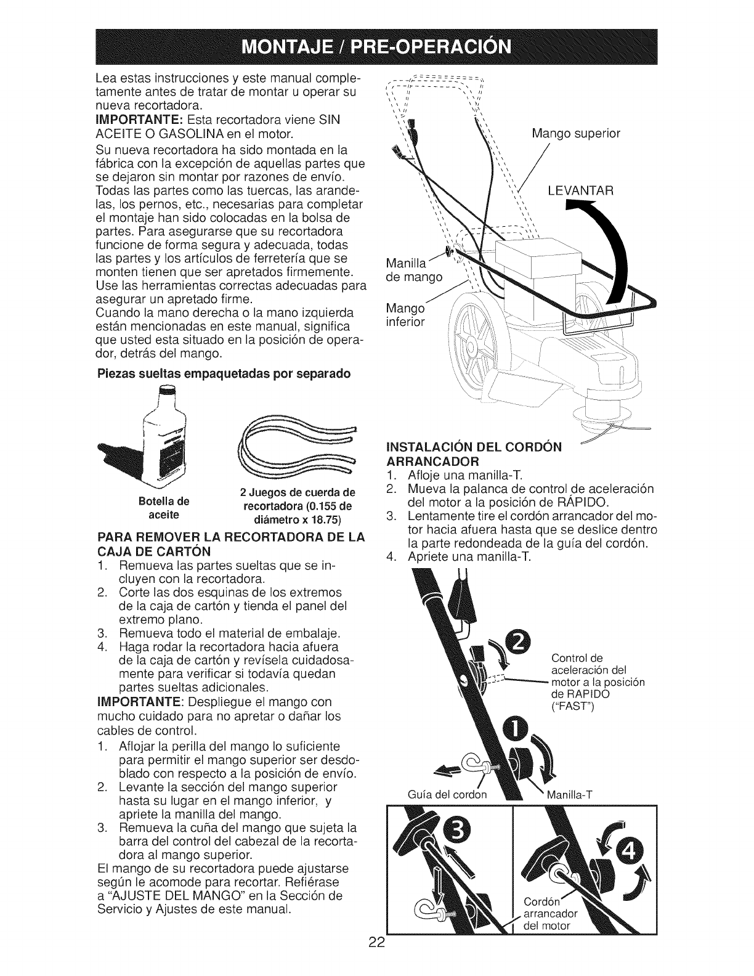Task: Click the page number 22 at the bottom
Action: (377, 959)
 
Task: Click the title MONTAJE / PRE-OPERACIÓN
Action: (377, 47)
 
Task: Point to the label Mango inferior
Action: (405, 315)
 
